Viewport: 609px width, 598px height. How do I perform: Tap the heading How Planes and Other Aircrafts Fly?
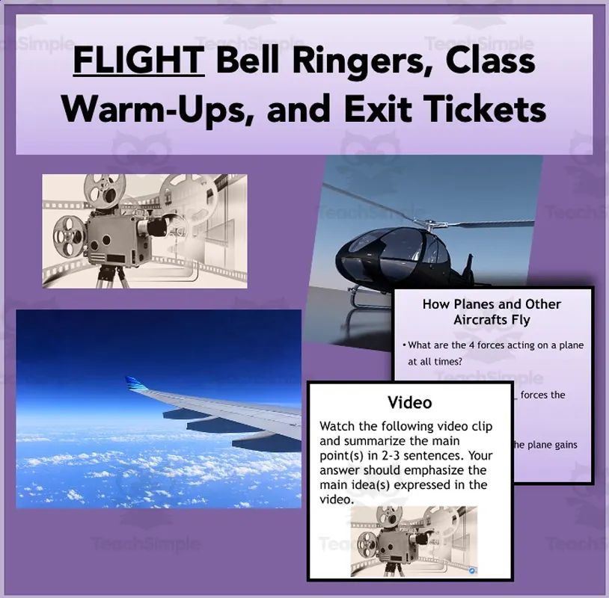tap(492, 312)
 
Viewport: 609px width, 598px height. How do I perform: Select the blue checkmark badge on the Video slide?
tap(471, 570)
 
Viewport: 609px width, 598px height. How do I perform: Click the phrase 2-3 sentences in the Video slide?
tap(421, 455)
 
